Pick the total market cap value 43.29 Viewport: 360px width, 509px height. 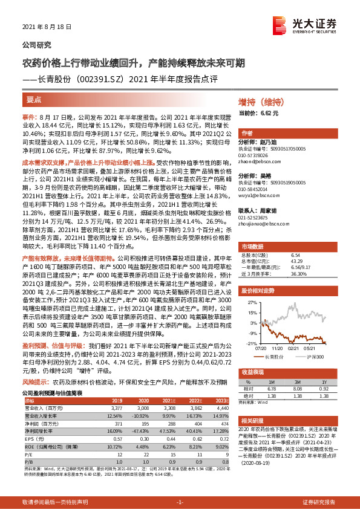tap(313, 243)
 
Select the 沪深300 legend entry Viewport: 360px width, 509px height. tap(316, 357)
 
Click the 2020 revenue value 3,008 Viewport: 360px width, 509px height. tap(144, 409)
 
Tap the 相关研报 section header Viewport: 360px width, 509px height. tap(250, 420)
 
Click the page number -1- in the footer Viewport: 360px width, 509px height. tap(179, 502)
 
